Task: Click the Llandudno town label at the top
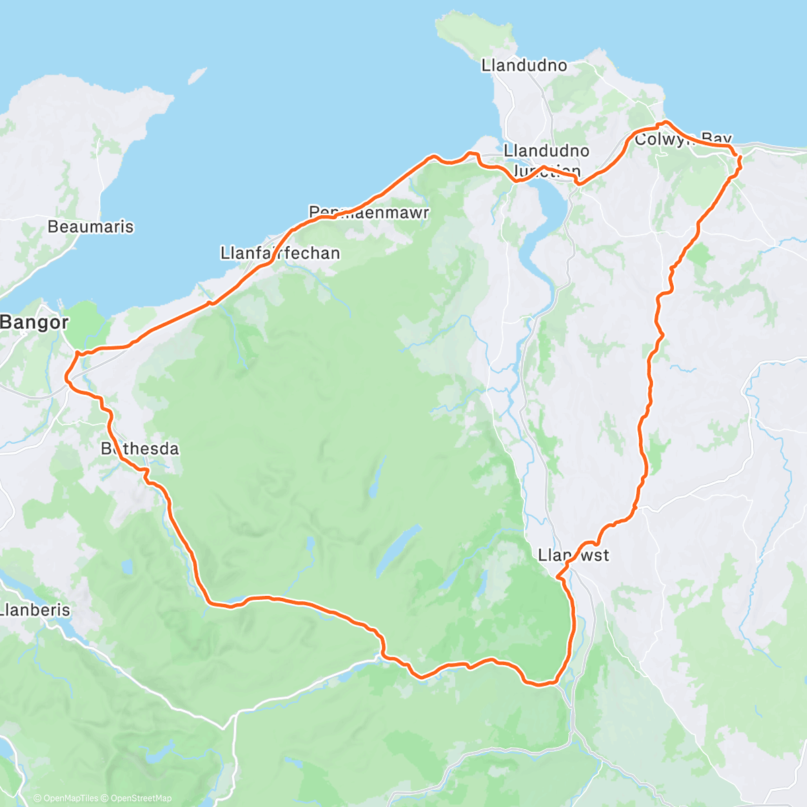[x=524, y=65]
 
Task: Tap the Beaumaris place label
[x=90, y=227]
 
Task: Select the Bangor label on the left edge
[x=34, y=322]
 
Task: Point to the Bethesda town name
[x=140, y=449]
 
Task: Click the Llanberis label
[x=35, y=610]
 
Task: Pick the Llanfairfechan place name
[x=280, y=254]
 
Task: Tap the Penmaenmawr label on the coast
[x=369, y=213]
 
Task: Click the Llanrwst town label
[x=574, y=555]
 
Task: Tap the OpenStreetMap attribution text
[x=138, y=798]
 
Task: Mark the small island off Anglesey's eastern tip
[x=197, y=75]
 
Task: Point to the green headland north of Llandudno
[x=465, y=30]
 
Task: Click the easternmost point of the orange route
[x=740, y=159]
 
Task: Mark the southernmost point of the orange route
[x=538, y=685]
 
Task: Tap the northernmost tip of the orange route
[x=665, y=122]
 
